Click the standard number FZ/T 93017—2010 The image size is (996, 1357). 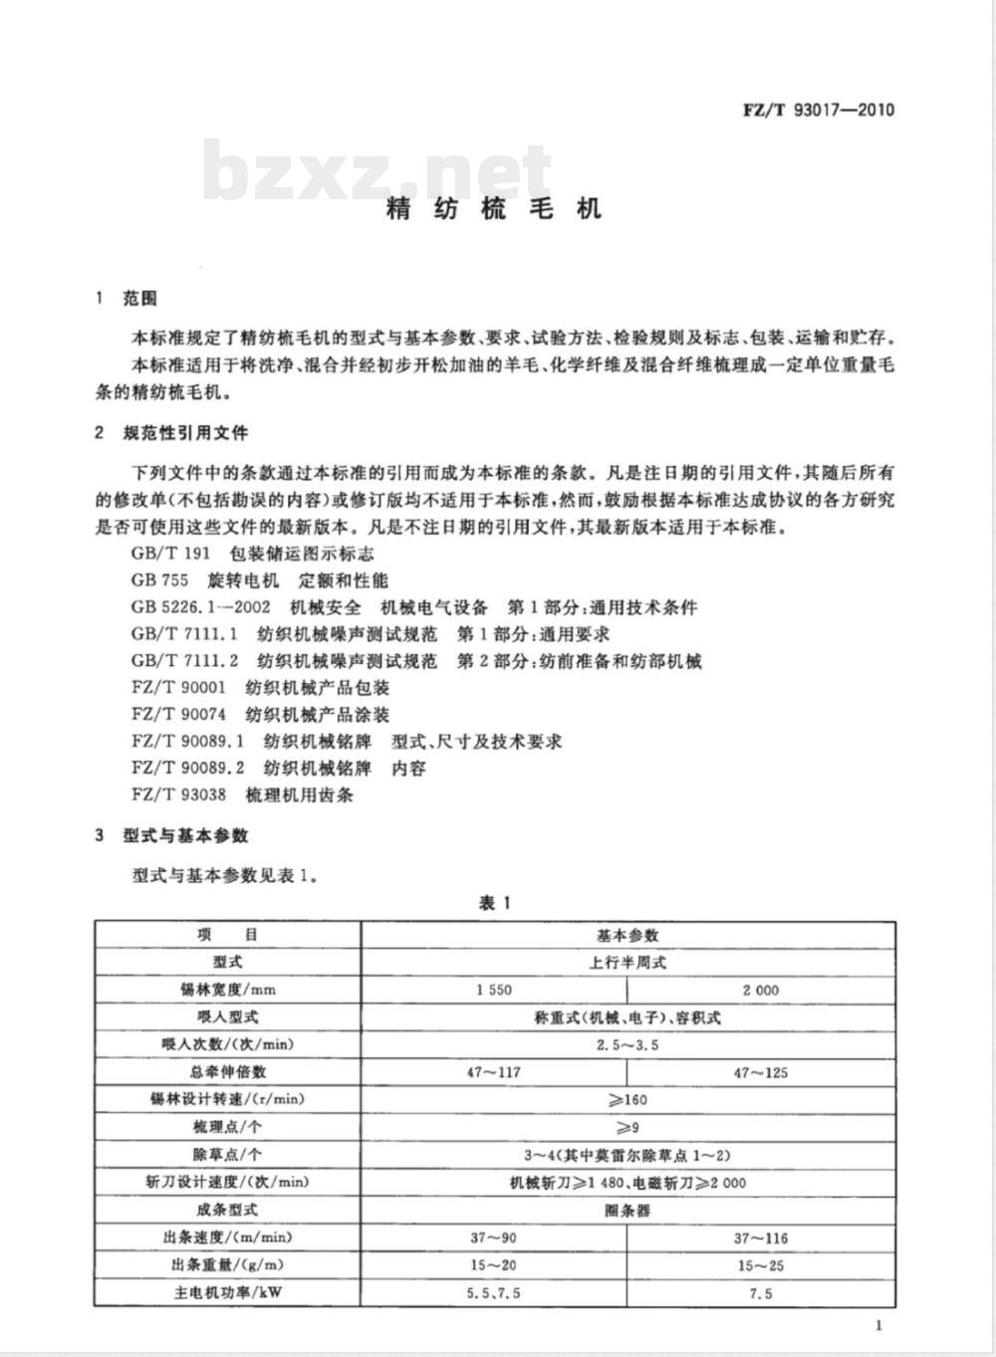pyautogui.click(x=819, y=110)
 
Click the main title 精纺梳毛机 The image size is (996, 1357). pyautogui.click(x=494, y=208)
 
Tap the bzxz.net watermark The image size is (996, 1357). pyautogui.click(x=377, y=171)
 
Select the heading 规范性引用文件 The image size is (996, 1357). pyautogui.click(x=185, y=433)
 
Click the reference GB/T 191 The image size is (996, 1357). pyautogui.click(x=170, y=554)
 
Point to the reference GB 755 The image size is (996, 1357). pyautogui.click(x=159, y=580)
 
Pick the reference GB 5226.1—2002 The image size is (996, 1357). pyautogui.click(x=200, y=607)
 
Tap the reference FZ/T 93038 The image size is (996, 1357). pyautogui.click(x=178, y=795)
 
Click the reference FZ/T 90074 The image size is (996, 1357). pyautogui.click(x=178, y=715)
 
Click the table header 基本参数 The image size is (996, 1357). pyautogui.click(x=627, y=935)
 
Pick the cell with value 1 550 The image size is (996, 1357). pyautogui.click(x=494, y=991)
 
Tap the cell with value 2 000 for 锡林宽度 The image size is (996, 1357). pyautogui.click(x=761, y=991)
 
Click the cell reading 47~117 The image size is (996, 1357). pyautogui.click(x=494, y=1073)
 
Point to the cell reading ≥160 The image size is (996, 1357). pyautogui.click(x=627, y=1100)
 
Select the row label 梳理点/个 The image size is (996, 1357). pyautogui.click(x=227, y=1128)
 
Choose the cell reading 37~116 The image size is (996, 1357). pyautogui.click(x=761, y=1239)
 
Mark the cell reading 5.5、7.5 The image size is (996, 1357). pyautogui.click(x=494, y=1293)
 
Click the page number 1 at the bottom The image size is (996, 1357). pyautogui.click(x=877, y=1325)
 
